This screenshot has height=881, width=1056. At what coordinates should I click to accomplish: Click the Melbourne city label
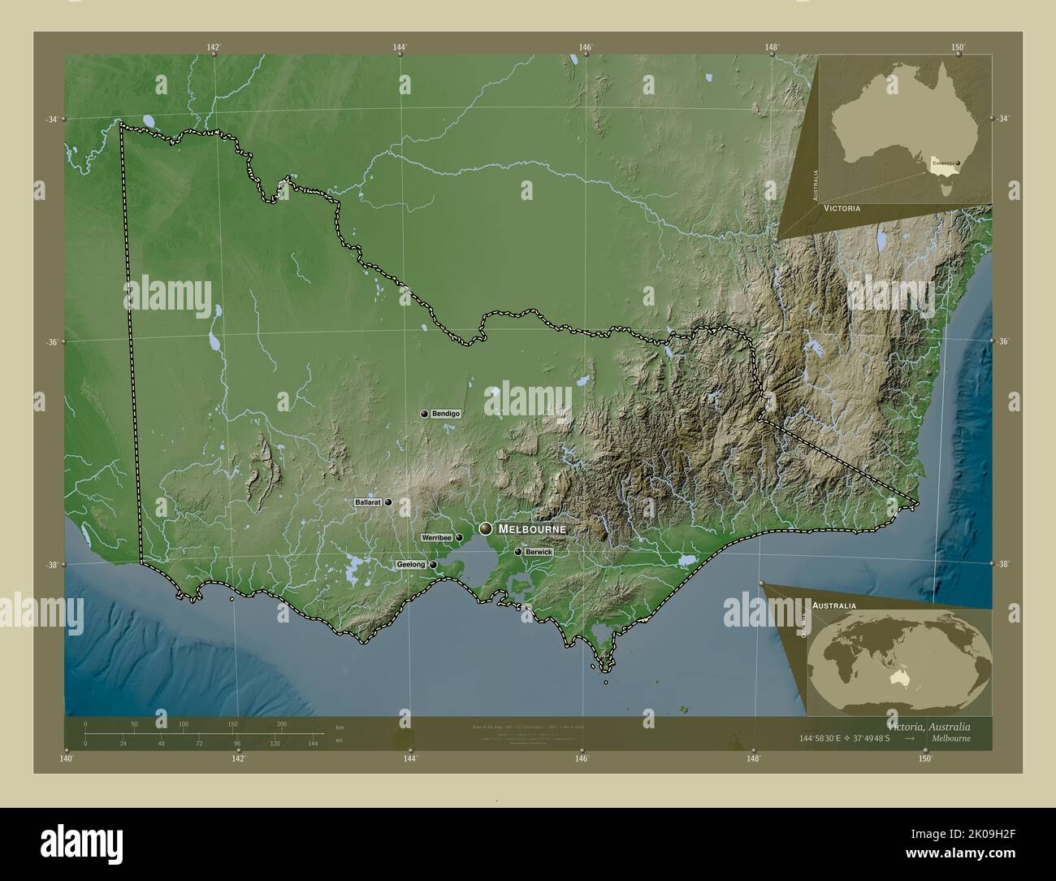tap(532, 529)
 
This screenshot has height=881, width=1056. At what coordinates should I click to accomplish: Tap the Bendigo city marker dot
tap(424, 414)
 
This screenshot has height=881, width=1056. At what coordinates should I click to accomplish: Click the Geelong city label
tap(410, 564)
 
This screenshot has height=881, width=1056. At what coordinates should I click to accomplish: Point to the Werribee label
tap(435, 538)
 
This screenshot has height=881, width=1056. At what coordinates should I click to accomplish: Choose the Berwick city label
tap(539, 552)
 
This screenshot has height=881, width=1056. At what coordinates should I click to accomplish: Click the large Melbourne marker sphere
tap(486, 529)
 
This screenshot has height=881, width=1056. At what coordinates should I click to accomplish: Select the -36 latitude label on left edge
tap(51, 342)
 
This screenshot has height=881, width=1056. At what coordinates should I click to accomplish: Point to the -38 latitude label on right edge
tap(1004, 564)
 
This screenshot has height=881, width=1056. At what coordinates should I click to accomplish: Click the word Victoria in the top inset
tap(842, 209)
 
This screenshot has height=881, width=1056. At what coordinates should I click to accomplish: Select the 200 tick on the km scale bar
tap(282, 723)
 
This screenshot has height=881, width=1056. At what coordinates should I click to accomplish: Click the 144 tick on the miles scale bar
tap(312, 743)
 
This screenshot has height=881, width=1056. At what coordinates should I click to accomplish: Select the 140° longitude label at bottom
tap(67, 758)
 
